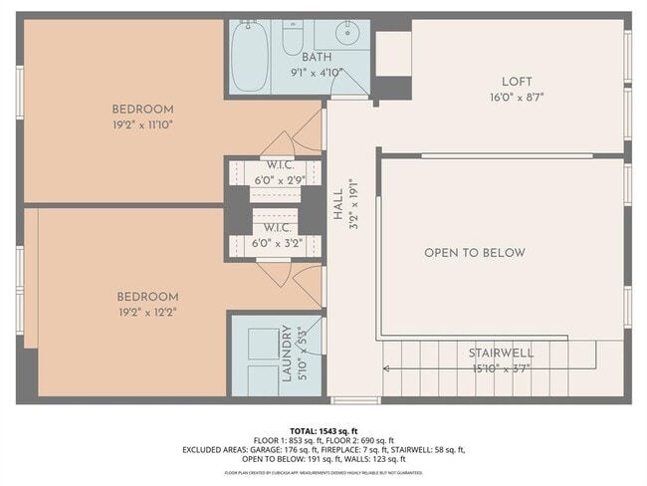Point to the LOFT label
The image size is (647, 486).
(x=517, y=82)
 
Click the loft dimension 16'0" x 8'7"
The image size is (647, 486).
(x=517, y=98)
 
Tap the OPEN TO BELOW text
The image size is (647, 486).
(x=474, y=253)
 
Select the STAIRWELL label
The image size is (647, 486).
(x=502, y=353)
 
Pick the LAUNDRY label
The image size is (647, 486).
(x=286, y=354)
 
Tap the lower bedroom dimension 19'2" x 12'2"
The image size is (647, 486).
(x=147, y=312)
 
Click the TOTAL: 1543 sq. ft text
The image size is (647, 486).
(x=323, y=430)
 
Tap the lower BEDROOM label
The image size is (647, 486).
(x=147, y=297)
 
